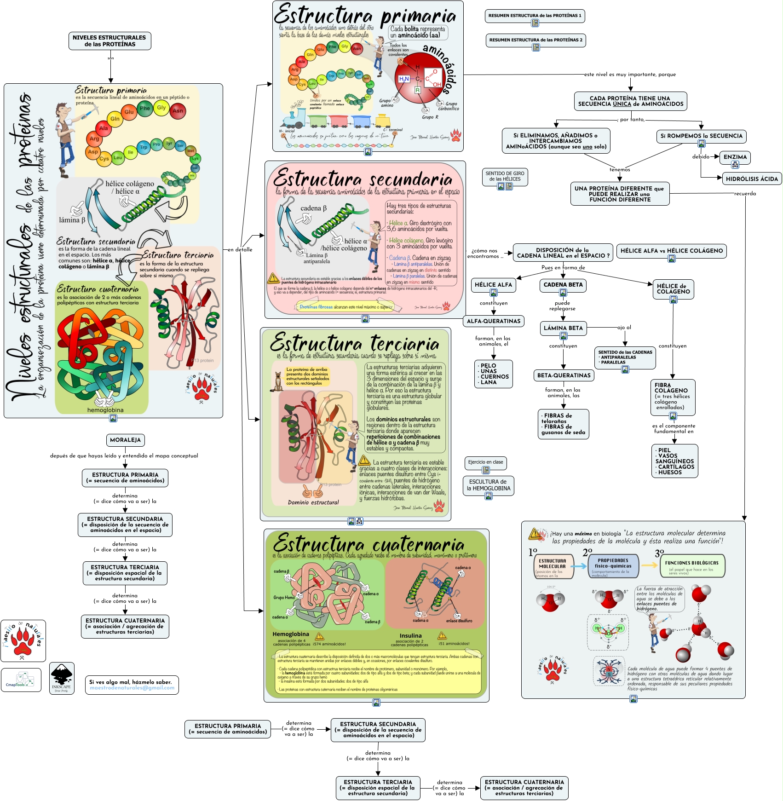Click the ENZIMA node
pos(735,157)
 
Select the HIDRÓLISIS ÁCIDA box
pos(752,179)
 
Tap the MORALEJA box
pos(125,440)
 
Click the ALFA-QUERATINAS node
pos(493,321)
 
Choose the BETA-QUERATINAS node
pos(564,375)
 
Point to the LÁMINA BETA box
pos(563,328)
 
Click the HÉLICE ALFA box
pos(493,285)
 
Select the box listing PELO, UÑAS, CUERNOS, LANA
pos(493,374)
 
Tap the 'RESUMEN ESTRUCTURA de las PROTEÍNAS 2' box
pos(535,40)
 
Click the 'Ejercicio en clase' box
pos(485,462)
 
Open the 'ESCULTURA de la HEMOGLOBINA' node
pos(488,485)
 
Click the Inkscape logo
pos(62,678)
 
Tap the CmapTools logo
pos(21,680)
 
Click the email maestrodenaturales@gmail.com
pos(132,688)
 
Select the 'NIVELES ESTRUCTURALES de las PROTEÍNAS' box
pos(109,41)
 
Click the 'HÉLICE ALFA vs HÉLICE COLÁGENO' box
pos(671,251)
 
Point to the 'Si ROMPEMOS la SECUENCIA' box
pos(701,136)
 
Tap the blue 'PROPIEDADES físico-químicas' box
pos(613,566)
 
